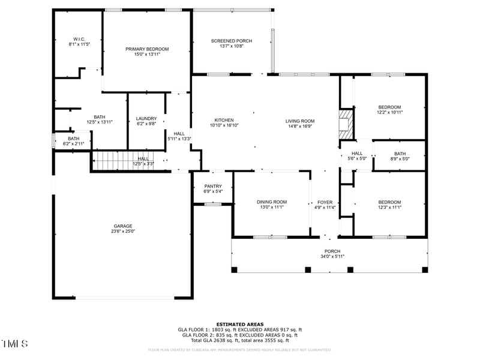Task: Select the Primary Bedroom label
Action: [x=147, y=49]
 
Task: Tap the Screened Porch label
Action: [x=232, y=41]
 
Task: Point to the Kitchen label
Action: [x=224, y=120]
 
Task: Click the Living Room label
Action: [x=300, y=121]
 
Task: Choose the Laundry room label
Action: [x=146, y=118]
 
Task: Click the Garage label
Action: [x=123, y=226]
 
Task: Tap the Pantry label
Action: [x=213, y=186]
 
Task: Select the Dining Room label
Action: [x=272, y=202]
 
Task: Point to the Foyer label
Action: [x=325, y=202]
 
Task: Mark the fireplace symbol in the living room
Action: [x=346, y=124]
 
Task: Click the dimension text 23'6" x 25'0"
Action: [x=123, y=232]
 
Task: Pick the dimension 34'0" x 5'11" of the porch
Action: [x=332, y=257]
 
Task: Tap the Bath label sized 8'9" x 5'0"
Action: [x=400, y=154]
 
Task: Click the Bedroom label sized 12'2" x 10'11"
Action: [x=389, y=107]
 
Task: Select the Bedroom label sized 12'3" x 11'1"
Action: [x=389, y=202]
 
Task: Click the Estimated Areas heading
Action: [x=240, y=324]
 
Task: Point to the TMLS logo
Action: [x=15, y=344]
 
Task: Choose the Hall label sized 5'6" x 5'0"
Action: [x=357, y=154]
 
